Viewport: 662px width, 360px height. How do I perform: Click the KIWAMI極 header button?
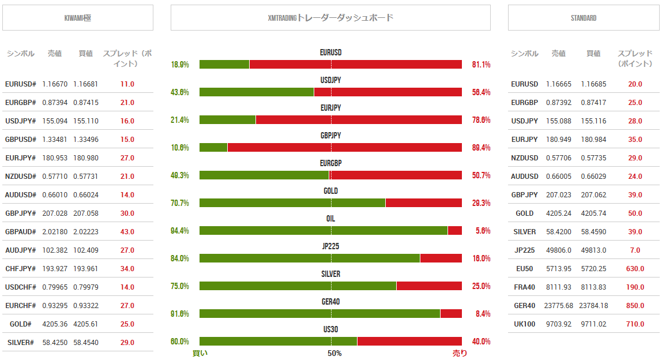78,18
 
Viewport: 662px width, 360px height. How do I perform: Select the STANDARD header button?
584,18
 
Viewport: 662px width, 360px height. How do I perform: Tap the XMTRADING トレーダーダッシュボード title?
330,18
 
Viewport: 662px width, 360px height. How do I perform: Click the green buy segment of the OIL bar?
323,231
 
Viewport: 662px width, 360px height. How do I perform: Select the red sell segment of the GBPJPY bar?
344,148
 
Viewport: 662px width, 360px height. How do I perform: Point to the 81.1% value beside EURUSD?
481,65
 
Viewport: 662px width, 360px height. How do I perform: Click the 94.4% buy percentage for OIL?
180,231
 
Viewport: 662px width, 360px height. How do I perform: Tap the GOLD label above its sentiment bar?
330,191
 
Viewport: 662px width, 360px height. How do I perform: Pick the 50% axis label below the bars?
334,353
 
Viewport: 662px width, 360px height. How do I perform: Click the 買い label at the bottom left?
200,353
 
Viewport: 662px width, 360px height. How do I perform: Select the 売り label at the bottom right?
460,353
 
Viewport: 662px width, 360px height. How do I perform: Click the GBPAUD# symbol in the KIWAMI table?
21,232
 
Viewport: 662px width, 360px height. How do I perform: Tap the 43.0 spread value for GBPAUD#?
127,232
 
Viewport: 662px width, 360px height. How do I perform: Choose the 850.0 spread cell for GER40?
635,306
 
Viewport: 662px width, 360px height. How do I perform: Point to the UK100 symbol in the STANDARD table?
524,324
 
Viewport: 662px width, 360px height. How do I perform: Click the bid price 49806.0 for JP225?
559,250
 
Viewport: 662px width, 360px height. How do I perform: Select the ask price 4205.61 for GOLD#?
86,324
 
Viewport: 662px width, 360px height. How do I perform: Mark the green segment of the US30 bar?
278,342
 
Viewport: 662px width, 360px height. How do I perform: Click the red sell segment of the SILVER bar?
429,286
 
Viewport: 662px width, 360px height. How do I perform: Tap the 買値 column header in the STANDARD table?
593,54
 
